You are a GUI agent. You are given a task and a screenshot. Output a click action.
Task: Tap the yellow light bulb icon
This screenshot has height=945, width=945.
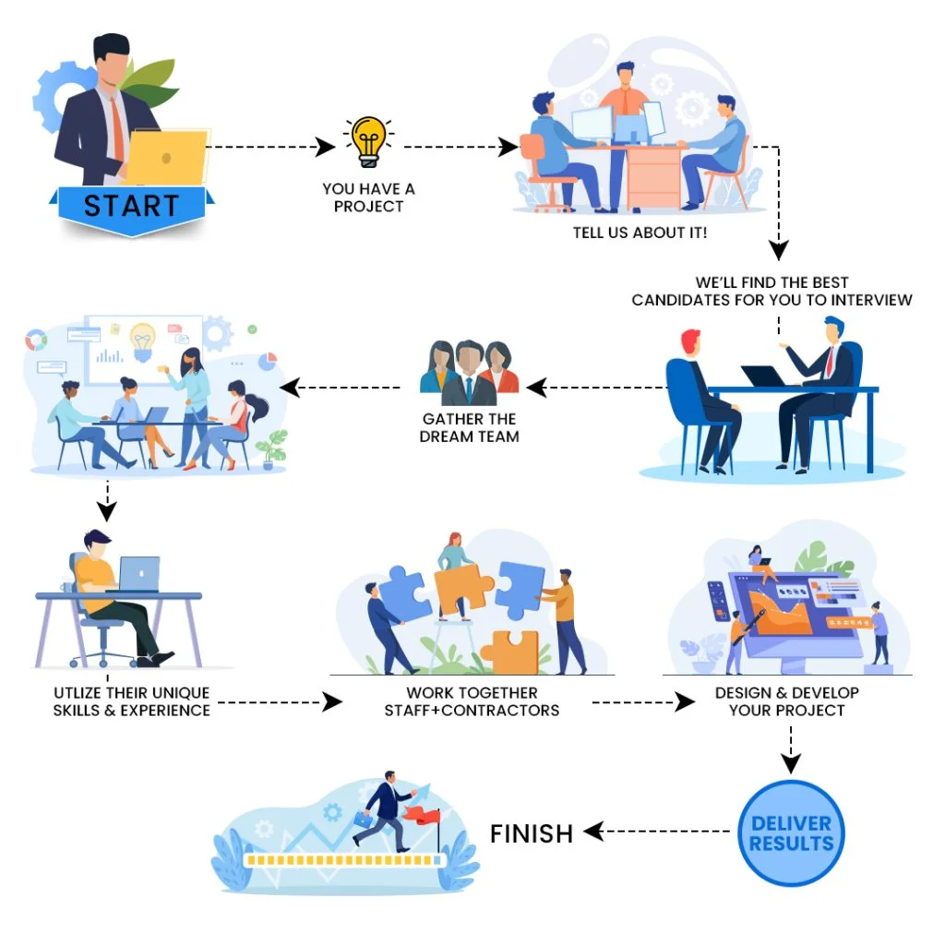tap(368, 141)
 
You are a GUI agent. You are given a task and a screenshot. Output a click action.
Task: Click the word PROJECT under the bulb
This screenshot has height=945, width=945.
tap(369, 207)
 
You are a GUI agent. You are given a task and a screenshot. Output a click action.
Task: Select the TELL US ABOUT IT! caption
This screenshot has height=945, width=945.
tap(640, 233)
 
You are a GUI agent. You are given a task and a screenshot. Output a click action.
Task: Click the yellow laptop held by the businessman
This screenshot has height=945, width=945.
tap(166, 157)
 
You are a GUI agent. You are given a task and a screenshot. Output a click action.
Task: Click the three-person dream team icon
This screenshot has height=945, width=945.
tap(469, 373)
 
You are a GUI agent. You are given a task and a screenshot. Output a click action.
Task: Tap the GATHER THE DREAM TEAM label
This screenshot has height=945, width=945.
tap(470, 427)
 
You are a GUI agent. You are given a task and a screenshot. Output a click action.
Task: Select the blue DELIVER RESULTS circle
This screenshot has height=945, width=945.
tap(791, 833)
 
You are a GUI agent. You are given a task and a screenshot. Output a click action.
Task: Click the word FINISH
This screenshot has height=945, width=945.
tap(532, 834)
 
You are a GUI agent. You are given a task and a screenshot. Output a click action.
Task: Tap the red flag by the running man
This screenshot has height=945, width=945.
tap(423, 817)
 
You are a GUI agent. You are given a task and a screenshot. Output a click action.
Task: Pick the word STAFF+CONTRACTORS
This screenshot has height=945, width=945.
tap(472, 711)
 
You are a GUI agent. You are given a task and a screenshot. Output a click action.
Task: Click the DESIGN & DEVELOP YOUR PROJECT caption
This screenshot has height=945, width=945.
tap(787, 701)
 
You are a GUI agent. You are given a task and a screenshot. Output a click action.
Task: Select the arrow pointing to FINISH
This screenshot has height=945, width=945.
tap(657, 831)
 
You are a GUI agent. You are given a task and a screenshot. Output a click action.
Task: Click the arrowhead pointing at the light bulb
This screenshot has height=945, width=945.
tap(326, 147)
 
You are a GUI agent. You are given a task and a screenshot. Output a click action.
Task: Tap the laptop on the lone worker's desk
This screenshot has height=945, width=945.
tap(138, 574)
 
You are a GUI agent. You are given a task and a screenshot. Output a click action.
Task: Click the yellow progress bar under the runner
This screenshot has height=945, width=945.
tap(344, 860)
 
